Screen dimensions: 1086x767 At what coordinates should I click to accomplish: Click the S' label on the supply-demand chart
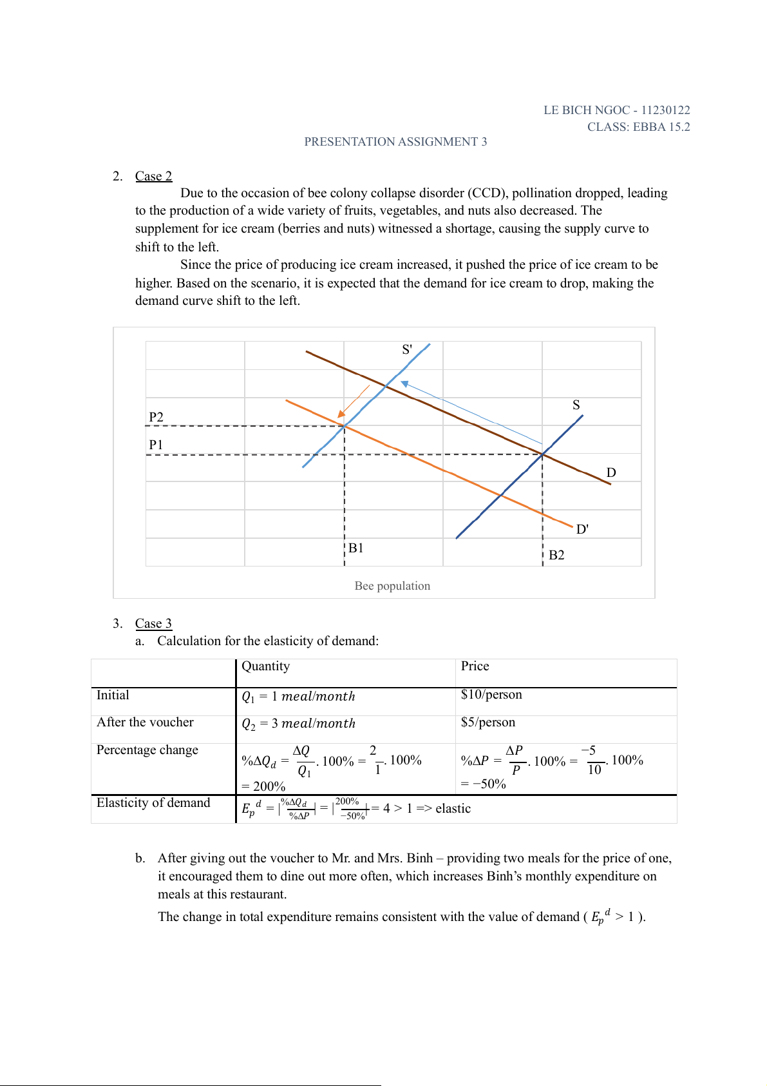407,350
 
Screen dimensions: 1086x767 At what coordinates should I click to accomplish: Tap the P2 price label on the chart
156,417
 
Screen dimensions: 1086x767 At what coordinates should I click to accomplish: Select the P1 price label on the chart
156,445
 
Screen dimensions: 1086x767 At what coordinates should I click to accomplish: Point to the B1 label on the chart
356,548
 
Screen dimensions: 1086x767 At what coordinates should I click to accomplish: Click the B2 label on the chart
556,555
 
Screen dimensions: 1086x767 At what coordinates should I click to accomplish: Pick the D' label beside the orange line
582,529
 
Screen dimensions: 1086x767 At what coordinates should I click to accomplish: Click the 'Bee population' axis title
392,586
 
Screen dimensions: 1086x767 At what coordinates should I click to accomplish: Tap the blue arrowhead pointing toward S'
405,384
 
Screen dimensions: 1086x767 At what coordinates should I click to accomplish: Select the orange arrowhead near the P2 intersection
342,414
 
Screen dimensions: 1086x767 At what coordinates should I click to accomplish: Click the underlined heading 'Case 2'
153,176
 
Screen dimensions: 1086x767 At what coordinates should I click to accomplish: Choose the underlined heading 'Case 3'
153,623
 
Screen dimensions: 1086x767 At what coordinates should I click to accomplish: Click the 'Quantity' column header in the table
265,666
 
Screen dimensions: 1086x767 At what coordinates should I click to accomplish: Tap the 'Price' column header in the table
475,666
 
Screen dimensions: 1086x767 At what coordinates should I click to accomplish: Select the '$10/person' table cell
491,694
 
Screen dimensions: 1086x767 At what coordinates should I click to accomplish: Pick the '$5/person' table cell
488,722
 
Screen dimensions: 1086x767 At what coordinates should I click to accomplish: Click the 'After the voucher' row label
145,722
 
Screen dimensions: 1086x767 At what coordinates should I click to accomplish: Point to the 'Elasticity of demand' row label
153,802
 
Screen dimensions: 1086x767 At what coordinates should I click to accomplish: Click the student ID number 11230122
665,110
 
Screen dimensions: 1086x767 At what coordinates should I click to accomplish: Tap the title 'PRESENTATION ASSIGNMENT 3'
395,142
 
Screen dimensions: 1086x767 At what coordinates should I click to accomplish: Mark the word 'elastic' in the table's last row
453,808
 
